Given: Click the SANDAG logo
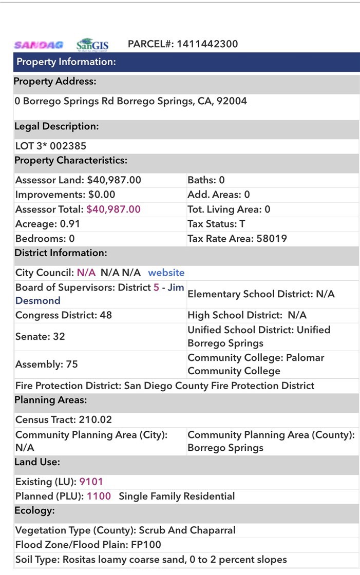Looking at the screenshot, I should [39, 45].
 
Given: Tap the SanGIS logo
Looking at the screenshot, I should [92, 45].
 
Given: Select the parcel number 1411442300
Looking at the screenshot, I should [207, 44].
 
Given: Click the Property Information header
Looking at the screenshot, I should [66, 62].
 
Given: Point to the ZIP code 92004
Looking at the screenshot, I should [232, 101].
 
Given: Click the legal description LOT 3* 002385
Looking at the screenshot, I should [51, 146].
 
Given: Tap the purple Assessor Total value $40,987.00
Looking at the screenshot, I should [113, 209].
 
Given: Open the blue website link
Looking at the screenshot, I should [166, 273].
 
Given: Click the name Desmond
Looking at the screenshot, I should [38, 301].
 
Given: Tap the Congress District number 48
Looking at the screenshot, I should [106, 315].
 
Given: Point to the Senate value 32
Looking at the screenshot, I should [59, 337].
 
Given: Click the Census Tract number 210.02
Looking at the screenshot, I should [94, 420].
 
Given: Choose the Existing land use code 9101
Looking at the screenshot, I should [91, 482].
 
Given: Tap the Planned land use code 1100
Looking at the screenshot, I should [99, 496].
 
